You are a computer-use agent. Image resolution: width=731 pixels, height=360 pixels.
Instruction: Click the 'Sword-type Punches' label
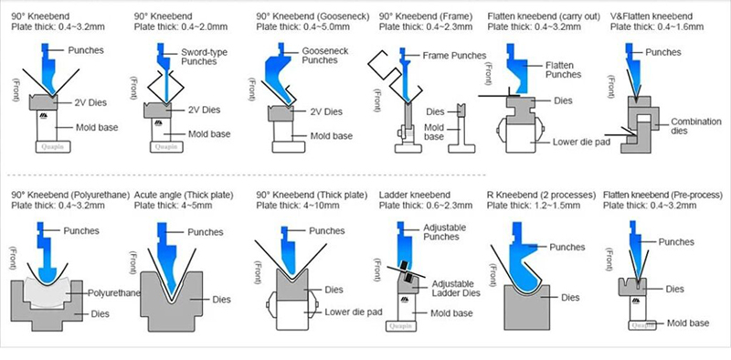pos(204,57)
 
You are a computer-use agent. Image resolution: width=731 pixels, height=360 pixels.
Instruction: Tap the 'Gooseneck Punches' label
pos(325,55)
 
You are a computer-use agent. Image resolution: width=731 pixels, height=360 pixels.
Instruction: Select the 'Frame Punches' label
pos(454,56)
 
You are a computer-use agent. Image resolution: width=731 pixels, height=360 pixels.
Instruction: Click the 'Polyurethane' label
pos(114,293)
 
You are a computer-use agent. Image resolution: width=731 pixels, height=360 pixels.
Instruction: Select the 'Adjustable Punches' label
pos(444,232)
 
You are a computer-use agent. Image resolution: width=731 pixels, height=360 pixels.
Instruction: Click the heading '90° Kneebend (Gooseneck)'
pos(313,16)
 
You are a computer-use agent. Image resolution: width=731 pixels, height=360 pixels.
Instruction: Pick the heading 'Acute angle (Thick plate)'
pos(184,195)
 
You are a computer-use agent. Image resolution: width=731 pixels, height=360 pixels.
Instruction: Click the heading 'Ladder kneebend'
pos(415,195)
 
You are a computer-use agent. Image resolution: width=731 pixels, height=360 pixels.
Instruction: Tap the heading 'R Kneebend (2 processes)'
pos(541,195)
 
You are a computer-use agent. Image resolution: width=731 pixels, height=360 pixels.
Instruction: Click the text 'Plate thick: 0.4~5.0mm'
pos(302,27)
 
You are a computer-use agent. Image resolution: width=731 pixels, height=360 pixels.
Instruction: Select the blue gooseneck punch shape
pos(279,75)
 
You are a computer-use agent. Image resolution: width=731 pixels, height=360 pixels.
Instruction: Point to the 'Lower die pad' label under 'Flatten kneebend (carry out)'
pos(581,143)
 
